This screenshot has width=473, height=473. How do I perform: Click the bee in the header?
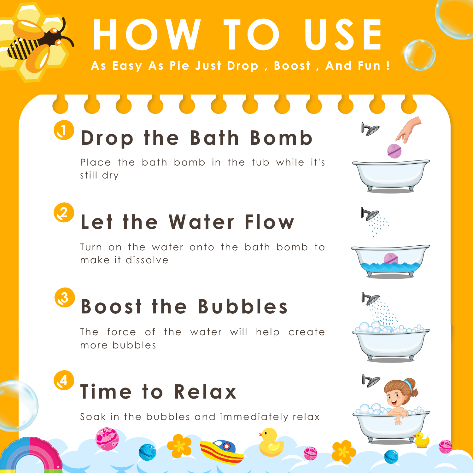point(38,44)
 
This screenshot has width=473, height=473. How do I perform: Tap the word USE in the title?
point(343,35)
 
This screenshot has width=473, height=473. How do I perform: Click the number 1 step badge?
point(64,130)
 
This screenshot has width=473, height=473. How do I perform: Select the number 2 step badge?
point(64,213)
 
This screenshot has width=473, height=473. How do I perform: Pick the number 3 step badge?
point(64,297)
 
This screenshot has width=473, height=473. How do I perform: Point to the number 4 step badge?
point(64,380)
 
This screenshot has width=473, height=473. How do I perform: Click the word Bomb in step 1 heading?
point(281,138)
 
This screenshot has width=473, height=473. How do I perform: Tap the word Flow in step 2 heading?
point(269,222)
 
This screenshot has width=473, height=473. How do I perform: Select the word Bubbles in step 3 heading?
point(243,306)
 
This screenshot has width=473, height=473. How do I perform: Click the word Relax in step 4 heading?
point(205,391)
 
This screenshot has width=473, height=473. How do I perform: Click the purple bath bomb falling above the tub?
point(394,151)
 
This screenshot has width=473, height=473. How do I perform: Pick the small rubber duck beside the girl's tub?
point(422,440)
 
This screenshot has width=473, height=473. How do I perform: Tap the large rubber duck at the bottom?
point(271,442)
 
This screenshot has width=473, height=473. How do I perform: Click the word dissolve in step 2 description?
point(147,260)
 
